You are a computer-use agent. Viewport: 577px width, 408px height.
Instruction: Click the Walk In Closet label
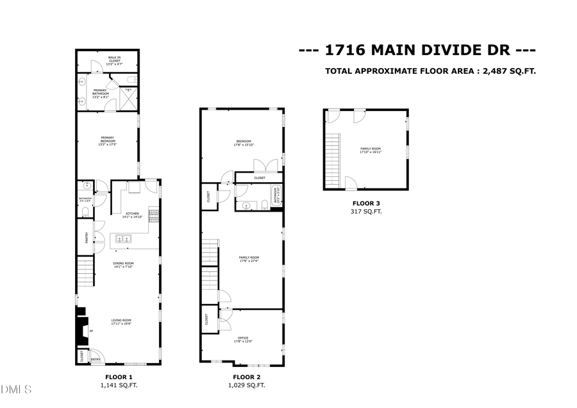click(114, 60)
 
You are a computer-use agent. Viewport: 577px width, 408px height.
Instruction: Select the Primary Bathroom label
click(101, 92)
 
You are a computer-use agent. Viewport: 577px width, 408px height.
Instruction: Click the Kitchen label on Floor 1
click(133, 214)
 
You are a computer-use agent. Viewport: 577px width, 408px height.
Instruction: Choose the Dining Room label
click(123, 264)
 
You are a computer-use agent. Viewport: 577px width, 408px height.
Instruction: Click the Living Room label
click(121, 321)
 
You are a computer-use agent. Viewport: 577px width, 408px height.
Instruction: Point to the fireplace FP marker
click(91, 331)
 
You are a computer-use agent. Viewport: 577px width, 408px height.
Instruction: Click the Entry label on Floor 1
click(95, 360)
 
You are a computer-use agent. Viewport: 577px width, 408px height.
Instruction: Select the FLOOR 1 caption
click(119, 377)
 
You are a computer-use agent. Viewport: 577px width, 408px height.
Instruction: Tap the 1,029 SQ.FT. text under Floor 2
click(247, 385)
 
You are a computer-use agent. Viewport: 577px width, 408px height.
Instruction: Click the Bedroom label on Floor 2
click(243, 142)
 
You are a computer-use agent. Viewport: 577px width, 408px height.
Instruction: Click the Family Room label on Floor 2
click(243, 259)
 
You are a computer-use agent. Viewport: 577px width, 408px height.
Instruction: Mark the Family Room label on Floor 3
click(371, 150)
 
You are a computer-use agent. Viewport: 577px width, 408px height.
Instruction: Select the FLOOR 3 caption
click(365, 203)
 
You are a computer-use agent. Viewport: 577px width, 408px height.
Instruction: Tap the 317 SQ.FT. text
click(365, 211)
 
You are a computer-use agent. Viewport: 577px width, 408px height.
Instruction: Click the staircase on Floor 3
click(332, 160)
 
